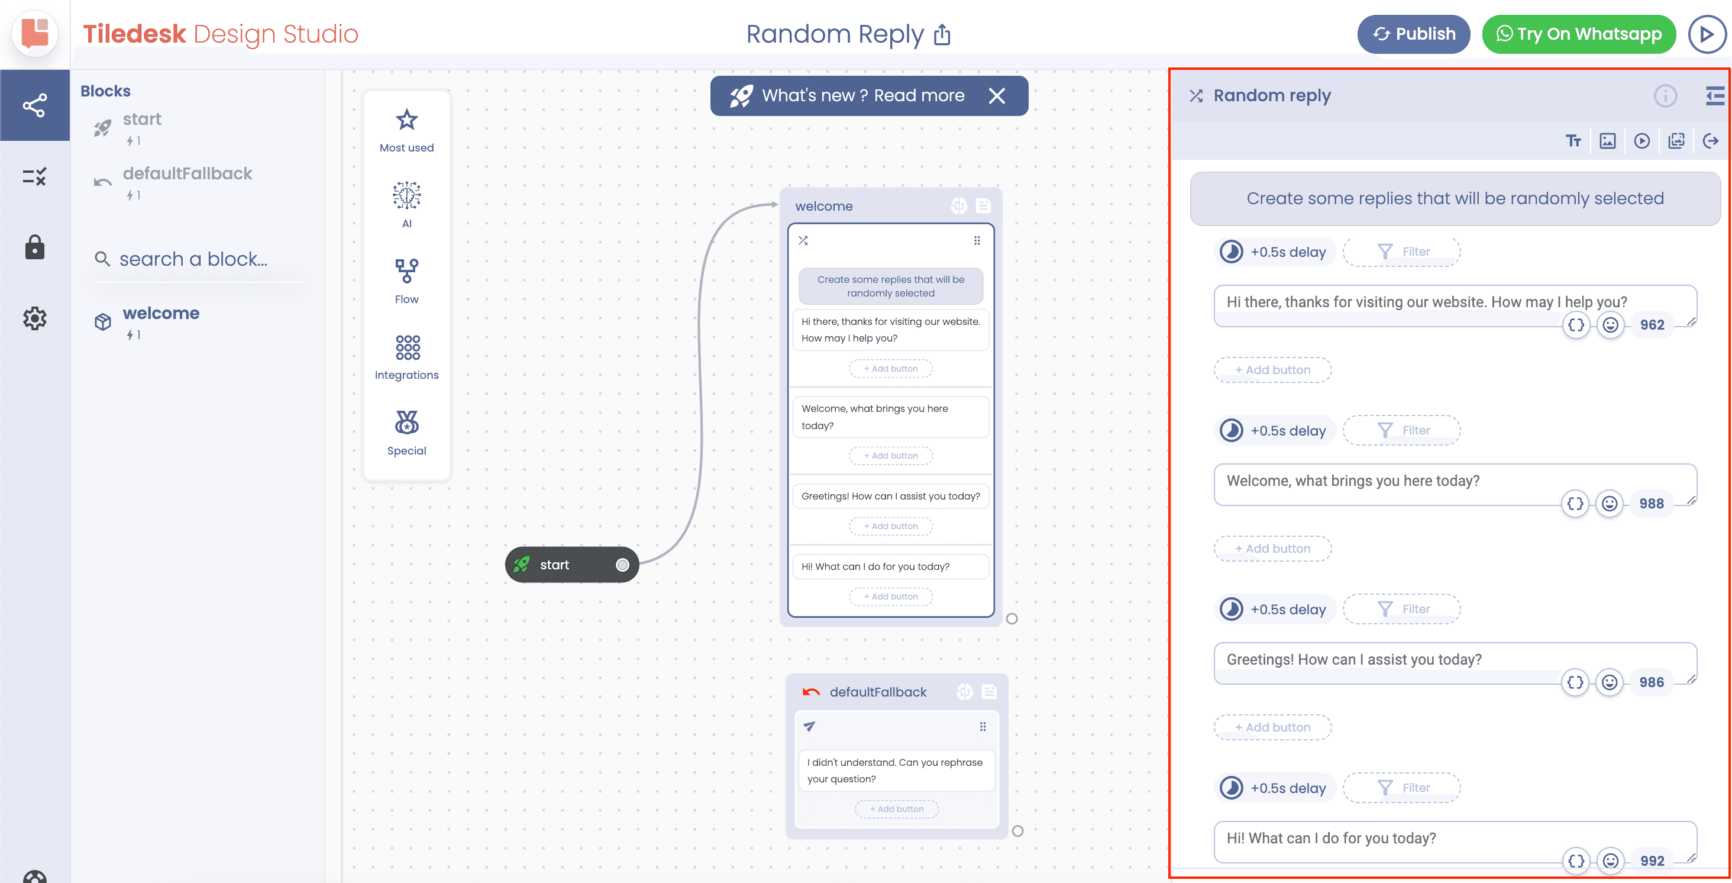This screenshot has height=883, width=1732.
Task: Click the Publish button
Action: [x=1413, y=34]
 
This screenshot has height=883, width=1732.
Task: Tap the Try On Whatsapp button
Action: [x=1578, y=34]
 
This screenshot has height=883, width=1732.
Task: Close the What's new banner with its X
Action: [x=997, y=96]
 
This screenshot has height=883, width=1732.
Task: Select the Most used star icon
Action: [x=407, y=120]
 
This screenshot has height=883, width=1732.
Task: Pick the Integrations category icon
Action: [x=408, y=347]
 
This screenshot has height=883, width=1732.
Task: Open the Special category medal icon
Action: [x=407, y=423]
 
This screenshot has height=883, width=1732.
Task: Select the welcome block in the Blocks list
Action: [x=161, y=314]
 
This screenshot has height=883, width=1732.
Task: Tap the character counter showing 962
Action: [x=1652, y=326]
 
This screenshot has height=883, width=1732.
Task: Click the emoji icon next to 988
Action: [x=1610, y=504]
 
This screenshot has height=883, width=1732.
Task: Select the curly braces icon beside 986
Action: [x=1575, y=682]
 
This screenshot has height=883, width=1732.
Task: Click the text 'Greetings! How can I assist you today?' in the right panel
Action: [x=1354, y=660]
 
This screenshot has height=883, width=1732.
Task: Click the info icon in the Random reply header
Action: [x=1665, y=96]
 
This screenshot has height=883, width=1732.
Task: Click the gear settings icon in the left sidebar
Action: [x=34, y=318]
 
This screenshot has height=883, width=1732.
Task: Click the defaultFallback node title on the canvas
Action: [x=877, y=692]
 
